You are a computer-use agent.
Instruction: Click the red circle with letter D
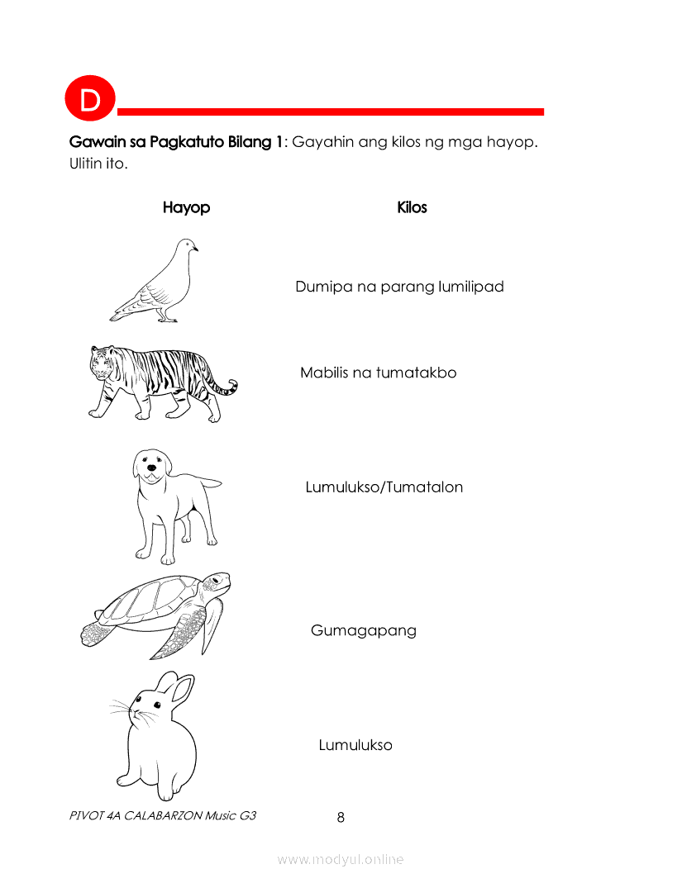89,101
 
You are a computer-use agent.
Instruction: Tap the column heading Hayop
186,207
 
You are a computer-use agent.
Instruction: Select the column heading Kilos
412,207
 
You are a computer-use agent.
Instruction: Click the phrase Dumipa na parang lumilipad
399,287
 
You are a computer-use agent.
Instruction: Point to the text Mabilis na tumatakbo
378,373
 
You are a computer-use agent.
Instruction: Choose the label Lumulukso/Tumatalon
384,487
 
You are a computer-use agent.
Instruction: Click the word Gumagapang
363,631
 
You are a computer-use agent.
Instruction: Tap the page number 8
341,818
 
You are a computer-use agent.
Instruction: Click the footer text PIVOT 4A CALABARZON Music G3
163,815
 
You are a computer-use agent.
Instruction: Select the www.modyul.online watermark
341,860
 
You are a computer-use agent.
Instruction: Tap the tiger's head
103,363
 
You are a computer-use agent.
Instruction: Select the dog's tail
207,482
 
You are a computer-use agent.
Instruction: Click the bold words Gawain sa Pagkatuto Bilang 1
176,142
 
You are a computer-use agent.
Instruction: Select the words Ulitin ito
98,164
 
